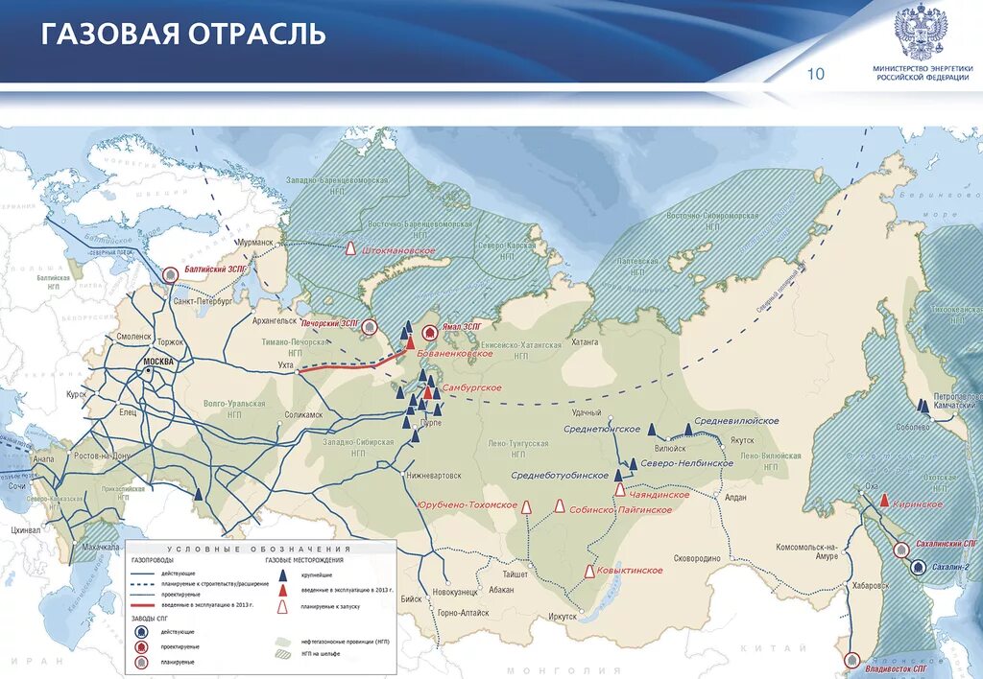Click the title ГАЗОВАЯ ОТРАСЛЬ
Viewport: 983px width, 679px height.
click(183, 34)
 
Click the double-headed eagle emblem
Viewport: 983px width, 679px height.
click(922, 32)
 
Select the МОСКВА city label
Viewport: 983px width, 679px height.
click(159, 361)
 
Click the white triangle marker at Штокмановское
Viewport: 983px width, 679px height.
click(352, 248)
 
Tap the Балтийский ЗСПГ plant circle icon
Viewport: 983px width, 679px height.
click(170, 274)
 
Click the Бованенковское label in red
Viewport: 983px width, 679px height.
click(455, 354)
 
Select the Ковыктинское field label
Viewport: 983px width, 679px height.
click(630, 571)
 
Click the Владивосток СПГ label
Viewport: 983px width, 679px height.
click(895, 667)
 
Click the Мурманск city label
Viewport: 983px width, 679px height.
click(255, 244)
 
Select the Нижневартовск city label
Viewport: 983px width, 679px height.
click(434, 476)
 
